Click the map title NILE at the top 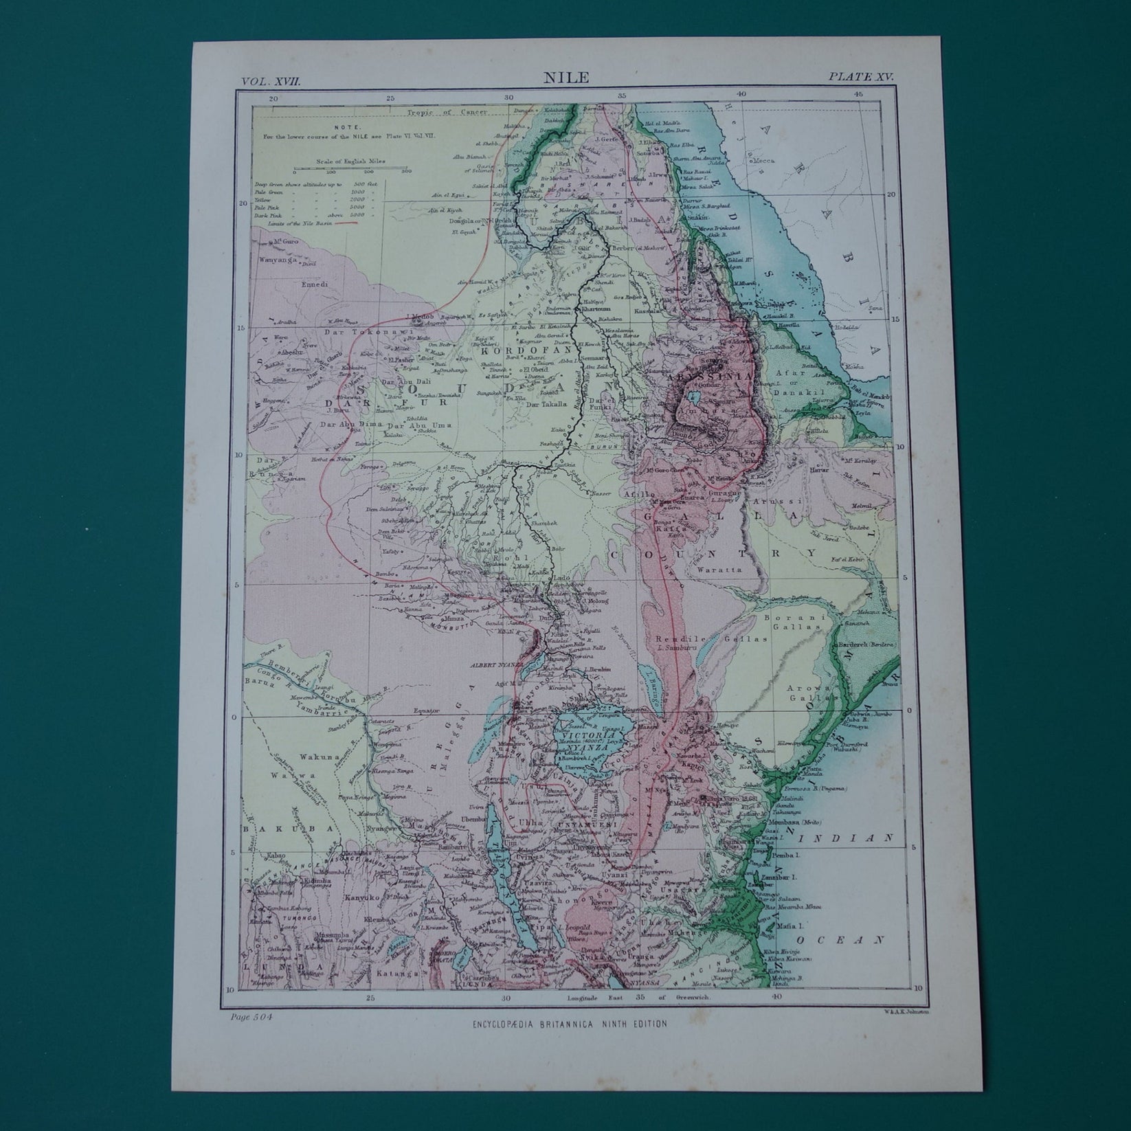pyautogui.click(x=565, y=78)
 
